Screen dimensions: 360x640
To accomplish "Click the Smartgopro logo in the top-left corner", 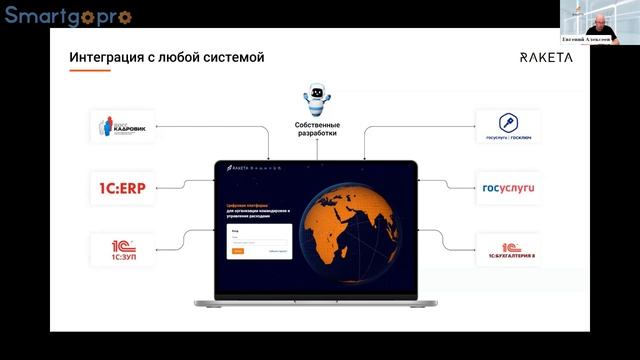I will point(68,16).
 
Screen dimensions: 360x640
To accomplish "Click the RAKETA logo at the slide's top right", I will point(546,57).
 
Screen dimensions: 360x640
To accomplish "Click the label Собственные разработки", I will point(316,127).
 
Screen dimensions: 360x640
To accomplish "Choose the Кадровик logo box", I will point(122,127).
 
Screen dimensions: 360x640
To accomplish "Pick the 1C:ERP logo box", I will point(122,186).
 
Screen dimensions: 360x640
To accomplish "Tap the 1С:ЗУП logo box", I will point(122,248).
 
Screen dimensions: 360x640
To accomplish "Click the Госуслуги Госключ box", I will point(508,127).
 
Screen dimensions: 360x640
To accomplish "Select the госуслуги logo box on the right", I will point(508,186).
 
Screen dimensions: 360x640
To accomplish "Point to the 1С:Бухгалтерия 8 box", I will point(508,248).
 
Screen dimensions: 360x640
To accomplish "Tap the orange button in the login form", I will point(238,251).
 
